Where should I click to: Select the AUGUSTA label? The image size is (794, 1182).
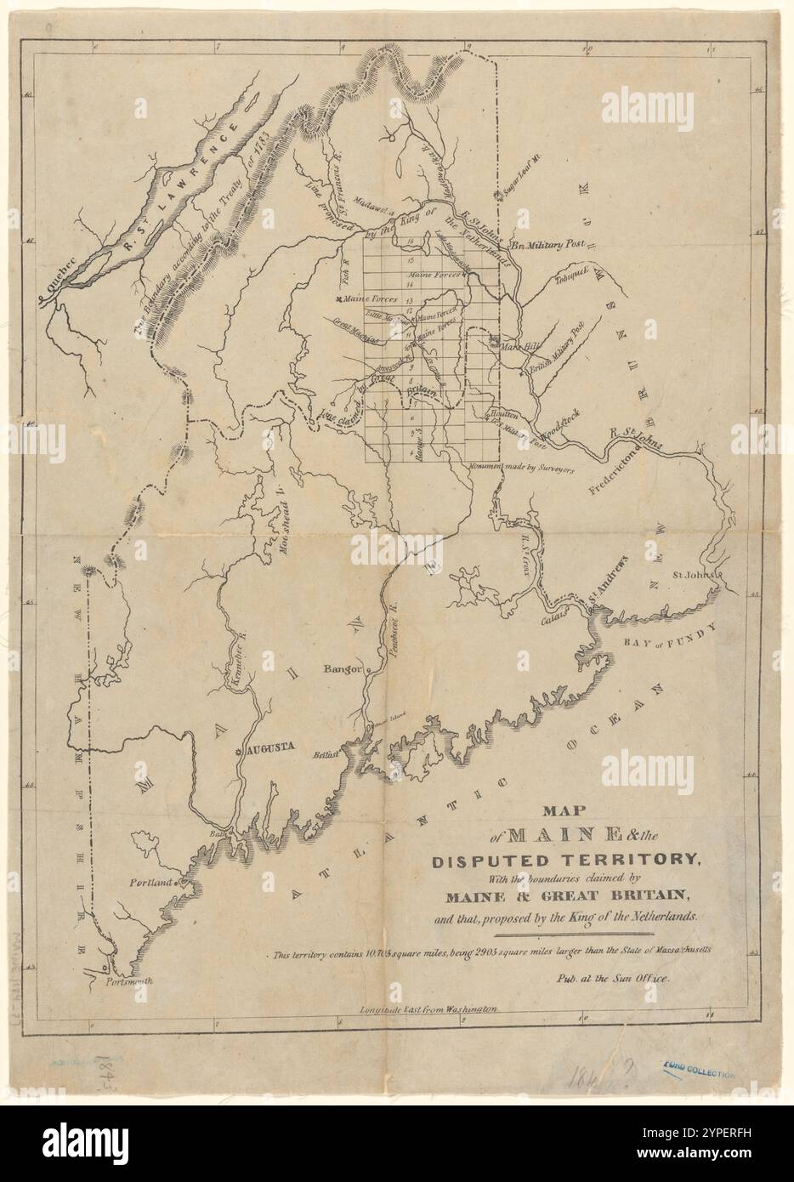[269, 748]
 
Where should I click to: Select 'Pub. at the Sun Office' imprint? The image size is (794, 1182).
[612, 978]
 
